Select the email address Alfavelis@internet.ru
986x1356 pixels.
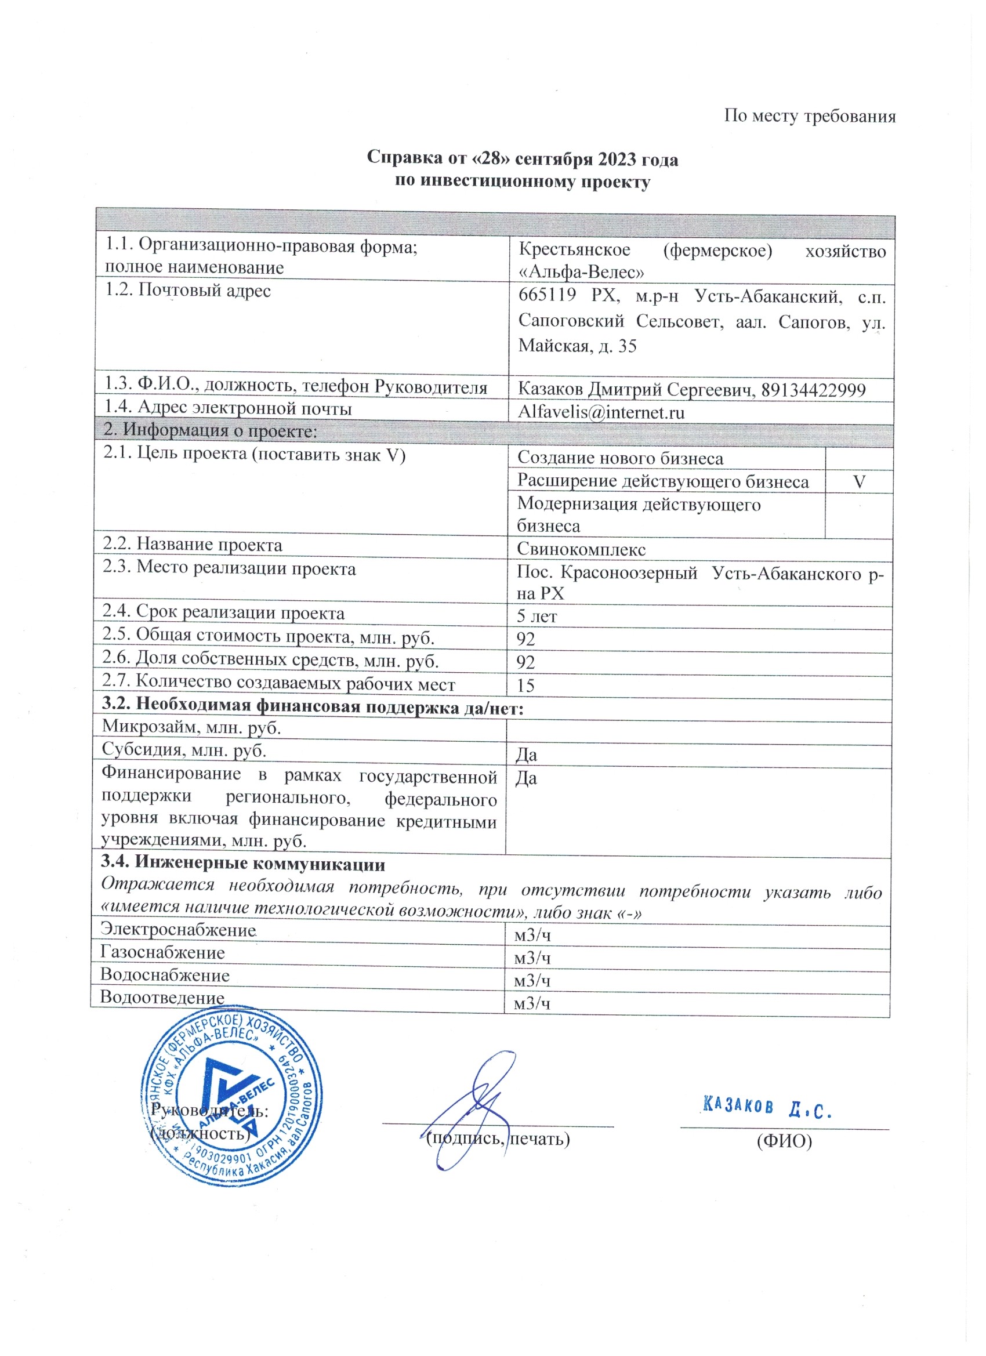pyautogui.click(x=601, y=412)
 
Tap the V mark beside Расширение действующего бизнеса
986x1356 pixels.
pyautogui.click(x=859, y=482)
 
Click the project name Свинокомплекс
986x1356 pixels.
pyautogui.click(x=581, y=549)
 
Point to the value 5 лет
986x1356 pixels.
pyautogui.click(x=536, y=617)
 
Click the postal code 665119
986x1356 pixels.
pyautogui.click(x=547, y=295)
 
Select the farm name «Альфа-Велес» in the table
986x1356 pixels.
pyautogui.click(x=581, y=273)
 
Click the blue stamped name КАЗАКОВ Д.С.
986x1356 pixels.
pyautogui.click(x=768, y=1108)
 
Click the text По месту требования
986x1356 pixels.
pyautogui.click(x=810, y=115)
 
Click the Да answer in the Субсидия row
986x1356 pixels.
pyautogui.click(x=526, y=755)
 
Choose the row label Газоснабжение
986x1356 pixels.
pyautogui.click(x=162, y=952)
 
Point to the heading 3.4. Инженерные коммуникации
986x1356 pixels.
pyautogui.click(x=243, y=864)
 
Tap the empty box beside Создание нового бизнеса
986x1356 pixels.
pyautogui.click(x=859, y=459)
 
